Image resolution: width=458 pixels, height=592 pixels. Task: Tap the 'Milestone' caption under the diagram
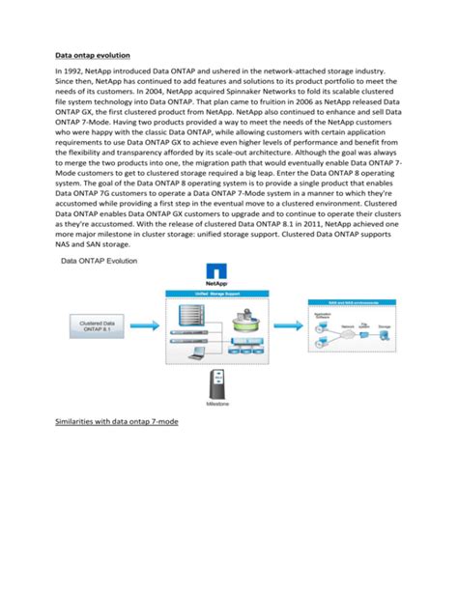212,407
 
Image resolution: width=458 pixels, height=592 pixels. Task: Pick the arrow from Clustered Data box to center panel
145,326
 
